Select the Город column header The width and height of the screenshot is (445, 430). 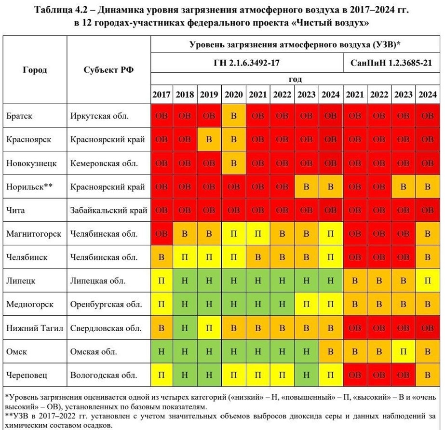tap(35, 69)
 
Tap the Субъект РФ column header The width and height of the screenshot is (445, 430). tap(108, 69)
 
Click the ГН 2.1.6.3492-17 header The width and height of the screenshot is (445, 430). tap(247, 63)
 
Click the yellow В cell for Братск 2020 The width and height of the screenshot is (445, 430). tap(234, 116)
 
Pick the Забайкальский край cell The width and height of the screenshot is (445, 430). tap(108, 210)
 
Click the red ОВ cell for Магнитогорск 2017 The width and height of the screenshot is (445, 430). tap(162, 234)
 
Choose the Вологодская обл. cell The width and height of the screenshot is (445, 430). tap(104, 375)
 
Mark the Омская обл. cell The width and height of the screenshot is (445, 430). tap(94, 351)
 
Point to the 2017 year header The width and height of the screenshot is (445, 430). tap(162, 94)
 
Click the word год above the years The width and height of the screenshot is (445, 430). tap(295, 79)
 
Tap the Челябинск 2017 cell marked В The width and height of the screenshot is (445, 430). tap(162, 257)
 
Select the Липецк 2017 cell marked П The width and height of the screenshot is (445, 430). tap(162, 281)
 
